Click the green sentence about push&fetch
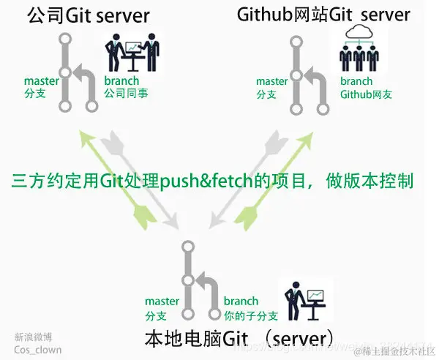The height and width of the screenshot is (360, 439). pos(213,180)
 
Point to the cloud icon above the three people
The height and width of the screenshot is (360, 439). pos(358,33)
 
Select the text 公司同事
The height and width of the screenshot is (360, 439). pos(126,94)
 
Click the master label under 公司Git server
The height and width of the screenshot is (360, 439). pos(40,80)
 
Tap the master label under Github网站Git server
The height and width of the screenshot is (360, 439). pos(271,80)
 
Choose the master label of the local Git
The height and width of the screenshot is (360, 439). pos(162,301)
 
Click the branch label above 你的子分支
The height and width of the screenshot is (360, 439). pos(241,301)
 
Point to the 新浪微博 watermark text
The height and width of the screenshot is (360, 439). pos(32,337)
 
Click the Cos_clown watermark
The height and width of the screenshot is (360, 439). pos(38,350)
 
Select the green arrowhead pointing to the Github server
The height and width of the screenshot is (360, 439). pos(300,138)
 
